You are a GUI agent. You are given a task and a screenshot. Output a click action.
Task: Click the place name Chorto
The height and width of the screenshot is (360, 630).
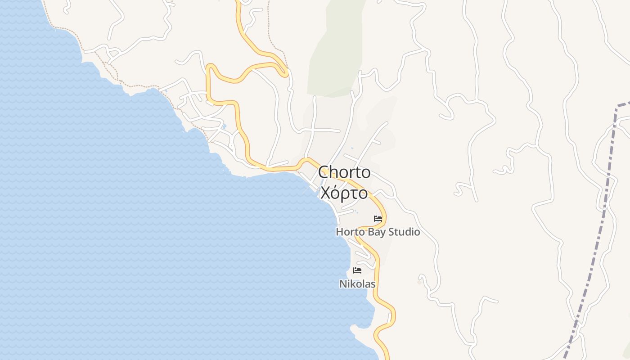[x=344, y=172]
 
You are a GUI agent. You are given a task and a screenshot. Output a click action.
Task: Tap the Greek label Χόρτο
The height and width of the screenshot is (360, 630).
[x=344, y=193]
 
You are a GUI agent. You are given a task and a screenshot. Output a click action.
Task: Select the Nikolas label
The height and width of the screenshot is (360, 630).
[x=357, y=284]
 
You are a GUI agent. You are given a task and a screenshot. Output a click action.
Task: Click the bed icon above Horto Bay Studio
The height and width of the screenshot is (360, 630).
[x=378, y=219]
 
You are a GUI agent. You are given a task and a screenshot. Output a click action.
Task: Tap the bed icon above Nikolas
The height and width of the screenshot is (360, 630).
[x=357, y=270]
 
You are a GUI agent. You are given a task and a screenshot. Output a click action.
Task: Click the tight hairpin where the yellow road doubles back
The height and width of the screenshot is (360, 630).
[x=285, y=72]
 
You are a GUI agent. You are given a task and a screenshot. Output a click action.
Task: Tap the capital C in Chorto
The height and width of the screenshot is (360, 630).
[x=324, y=172]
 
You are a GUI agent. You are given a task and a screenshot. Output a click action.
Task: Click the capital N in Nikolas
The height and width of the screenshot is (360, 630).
[x=342, y=284]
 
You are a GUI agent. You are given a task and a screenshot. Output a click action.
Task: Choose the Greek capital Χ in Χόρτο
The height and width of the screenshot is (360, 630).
[x=325, y=193]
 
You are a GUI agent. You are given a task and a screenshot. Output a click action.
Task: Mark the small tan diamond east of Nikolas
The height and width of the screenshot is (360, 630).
[x=419, y=282]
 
